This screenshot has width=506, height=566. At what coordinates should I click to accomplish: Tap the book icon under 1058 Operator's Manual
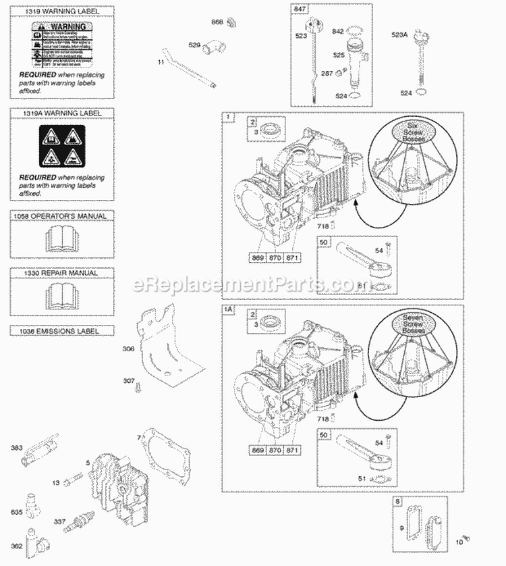pyautogui.click(x=61, y=238)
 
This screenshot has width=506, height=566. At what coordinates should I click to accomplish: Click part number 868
pyautogui.click(x=217, y=22)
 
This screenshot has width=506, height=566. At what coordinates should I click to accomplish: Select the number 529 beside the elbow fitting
pyautogui.click(x=195, y=45)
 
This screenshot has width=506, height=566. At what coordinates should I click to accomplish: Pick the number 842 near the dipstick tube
pyautogui.click(x=337, y=30)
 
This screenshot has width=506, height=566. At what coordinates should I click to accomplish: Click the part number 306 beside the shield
pyautogui.click(x=128, y=349)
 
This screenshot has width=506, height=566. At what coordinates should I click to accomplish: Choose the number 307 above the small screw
pyautogui.click(x=128, y=380)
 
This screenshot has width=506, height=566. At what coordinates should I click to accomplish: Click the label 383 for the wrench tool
pyautogui.click(x=16, y=447)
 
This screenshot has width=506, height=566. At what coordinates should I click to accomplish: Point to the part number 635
pyautogui.click(x=16, y=512)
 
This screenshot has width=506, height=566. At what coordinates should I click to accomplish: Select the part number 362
pyautogui.click(x=16, y=546)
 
